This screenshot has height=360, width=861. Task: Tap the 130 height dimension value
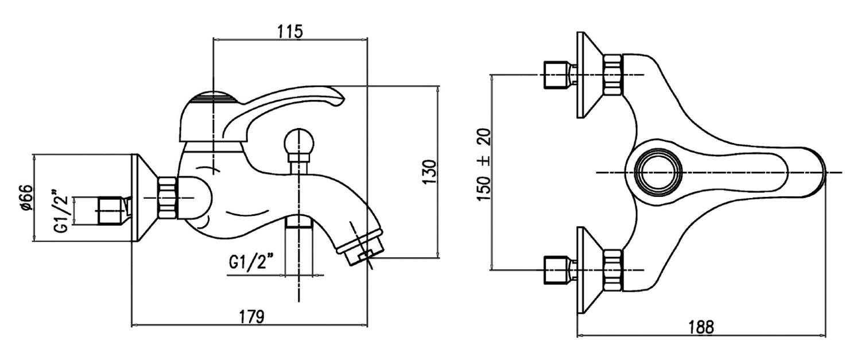431,172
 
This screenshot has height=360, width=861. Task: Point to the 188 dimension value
701,327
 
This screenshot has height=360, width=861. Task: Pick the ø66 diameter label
24,198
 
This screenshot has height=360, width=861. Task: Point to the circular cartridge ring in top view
660,173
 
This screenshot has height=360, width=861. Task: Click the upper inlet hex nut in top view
612,75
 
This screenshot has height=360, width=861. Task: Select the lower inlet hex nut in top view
612,269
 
